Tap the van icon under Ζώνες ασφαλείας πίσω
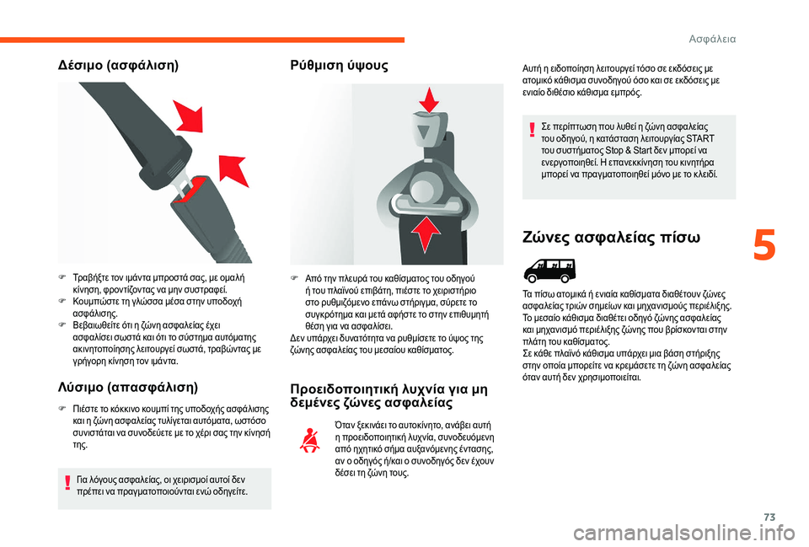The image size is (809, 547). click(547, 271)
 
